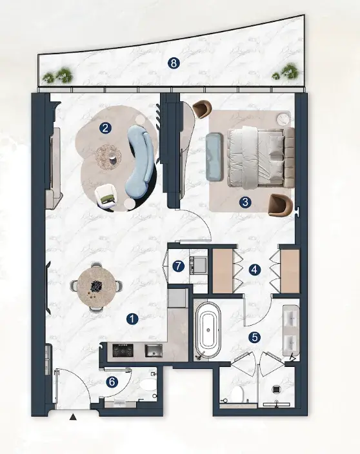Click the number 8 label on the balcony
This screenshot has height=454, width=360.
(x=174, y=63)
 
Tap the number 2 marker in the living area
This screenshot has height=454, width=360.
(x=105, y=128)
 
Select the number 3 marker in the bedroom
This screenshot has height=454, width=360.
(x=245, y=202)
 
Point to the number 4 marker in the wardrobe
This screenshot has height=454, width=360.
(x=254, y=270)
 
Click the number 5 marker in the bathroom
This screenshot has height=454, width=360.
(x=255, y=337)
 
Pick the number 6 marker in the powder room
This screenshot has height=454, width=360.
(x=112, y=382)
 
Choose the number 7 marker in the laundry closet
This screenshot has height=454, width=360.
(x=178, y=266)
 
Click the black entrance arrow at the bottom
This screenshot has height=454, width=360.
(x=74, y=417)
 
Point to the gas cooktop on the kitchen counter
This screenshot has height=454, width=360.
(x=123, y=350)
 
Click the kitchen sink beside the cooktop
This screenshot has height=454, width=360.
(x=154, y=350)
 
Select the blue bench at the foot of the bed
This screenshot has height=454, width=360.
(x=215, y=156)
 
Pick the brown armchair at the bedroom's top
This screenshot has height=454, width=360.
(x=202, y=109)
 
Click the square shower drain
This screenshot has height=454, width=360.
(x=276, y=390)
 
